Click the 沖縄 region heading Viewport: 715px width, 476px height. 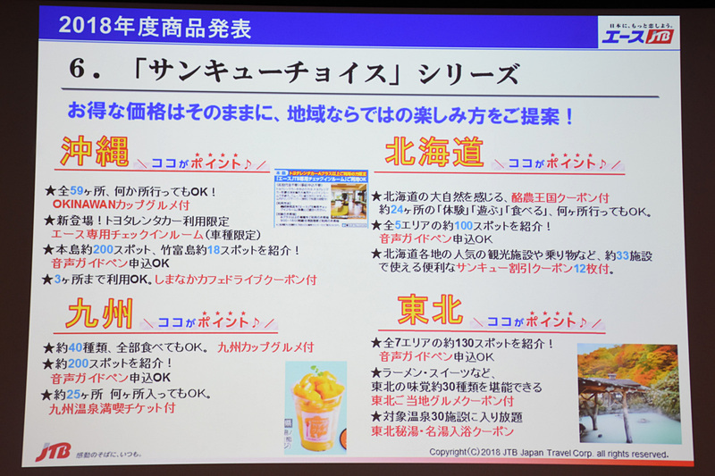93,153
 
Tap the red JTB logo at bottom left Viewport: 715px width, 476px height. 53,452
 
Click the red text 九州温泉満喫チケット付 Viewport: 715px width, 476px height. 112,407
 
